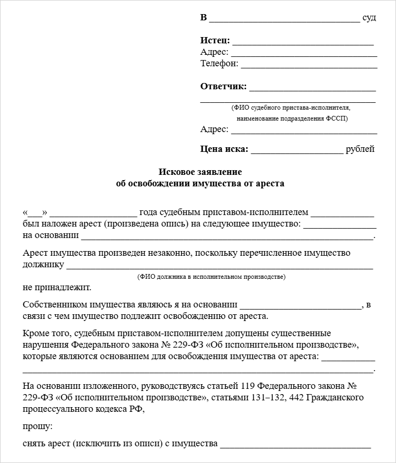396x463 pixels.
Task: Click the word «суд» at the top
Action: coord(369,18)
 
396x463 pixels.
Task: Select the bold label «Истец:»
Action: coord(215,41)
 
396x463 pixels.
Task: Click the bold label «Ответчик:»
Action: coord(223,87)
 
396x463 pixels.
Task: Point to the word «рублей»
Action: coord(360,149)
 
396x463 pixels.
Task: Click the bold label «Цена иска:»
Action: coord(224,149)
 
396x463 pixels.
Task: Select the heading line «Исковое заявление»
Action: coord(200,172)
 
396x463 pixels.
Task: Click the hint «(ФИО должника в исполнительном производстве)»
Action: coord(212,277)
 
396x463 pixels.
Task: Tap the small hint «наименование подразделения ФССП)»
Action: coord(292,118)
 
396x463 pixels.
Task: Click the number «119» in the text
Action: coord(249,387)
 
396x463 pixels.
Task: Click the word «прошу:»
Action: coord(38,426)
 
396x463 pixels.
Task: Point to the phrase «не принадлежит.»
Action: coord(57,288)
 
